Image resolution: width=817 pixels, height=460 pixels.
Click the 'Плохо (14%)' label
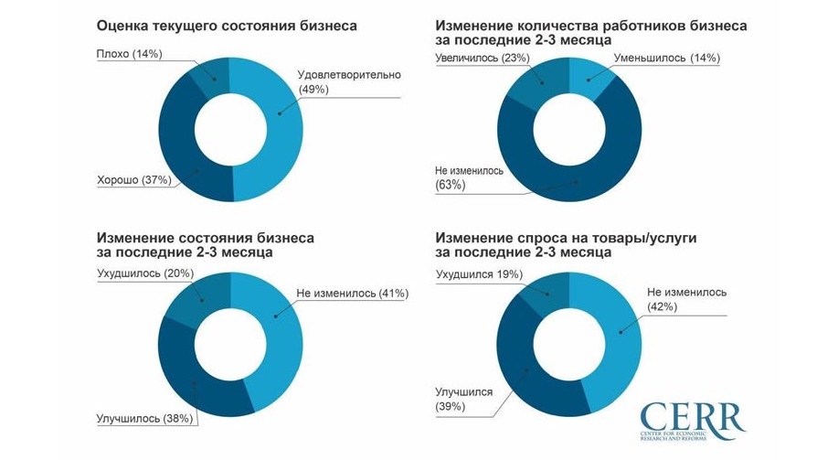tap(129, 54)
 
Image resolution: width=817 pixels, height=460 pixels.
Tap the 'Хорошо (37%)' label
tap(134, 180)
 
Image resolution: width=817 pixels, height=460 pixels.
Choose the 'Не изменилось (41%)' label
tap(352, 294)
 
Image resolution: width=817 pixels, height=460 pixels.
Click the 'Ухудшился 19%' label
tap(479, 273)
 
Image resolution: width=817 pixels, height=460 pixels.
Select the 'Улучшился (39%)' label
tap(464, 398)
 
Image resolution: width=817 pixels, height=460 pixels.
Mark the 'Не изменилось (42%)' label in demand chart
tap(686, 299)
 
